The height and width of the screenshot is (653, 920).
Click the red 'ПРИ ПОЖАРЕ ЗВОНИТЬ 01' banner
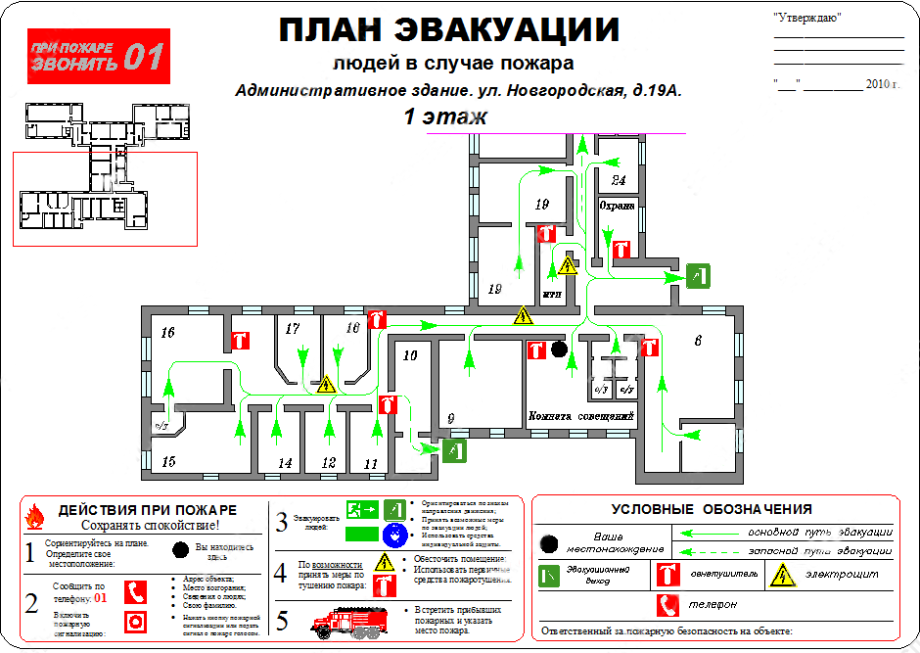click(98, 56)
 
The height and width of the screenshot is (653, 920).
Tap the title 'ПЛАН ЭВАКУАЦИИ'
click(449, 30)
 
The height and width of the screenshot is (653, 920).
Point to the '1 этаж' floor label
click(445, 117)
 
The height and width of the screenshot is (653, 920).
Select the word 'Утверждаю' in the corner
click(806, 18)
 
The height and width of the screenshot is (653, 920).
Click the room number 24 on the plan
click(619, 180)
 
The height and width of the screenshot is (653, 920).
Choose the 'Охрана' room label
click(618, 207)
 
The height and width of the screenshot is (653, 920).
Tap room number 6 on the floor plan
click(698, 341)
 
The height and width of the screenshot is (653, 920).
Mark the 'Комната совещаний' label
click(583, 417)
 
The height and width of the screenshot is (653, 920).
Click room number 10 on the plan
click(410, 355)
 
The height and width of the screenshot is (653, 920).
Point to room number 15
click(167, 461)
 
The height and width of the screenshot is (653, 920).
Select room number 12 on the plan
click(329, 462)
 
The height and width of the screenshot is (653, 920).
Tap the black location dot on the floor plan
click(559, 349)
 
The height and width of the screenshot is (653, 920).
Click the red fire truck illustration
click(345, 622)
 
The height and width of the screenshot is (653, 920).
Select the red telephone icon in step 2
click(136, 591)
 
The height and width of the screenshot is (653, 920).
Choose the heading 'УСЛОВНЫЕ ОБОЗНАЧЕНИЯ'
click(712, 509)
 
